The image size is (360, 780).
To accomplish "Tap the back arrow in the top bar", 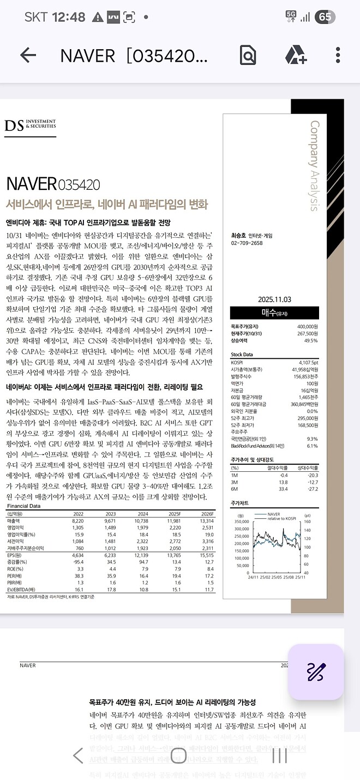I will coord(28,55).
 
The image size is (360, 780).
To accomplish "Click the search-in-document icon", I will coord(248,55).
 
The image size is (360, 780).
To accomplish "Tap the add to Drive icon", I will coord(296,55).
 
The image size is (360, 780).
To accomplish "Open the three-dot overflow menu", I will coord(338,55).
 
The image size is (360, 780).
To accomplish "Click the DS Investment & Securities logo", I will coord(30,126).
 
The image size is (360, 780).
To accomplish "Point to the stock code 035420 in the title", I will coord(79,184).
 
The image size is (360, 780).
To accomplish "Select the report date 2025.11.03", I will coord(275,299).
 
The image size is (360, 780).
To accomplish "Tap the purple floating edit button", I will coord(316,672).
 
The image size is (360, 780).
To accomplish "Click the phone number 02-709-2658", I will coord(247,243).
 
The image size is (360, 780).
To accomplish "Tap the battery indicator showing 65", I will coord(325,17).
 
